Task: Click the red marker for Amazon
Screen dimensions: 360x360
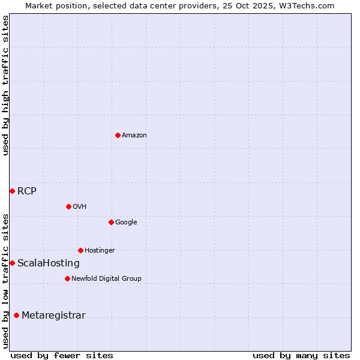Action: [118, 135]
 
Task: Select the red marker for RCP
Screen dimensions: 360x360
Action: [12, 191]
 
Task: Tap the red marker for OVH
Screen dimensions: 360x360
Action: [68, 206]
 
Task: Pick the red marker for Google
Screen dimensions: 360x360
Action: [111, 222]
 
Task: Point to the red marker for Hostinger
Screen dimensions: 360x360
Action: [80, 250]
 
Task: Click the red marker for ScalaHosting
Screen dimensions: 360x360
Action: [12, 263]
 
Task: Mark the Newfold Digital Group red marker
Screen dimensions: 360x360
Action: [67, 278]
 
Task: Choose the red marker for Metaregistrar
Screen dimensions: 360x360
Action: [16, 315]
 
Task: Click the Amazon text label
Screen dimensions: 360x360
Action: [134, 136]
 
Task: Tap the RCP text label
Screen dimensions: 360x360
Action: [27, 191]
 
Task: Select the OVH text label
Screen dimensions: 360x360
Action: [80, 207]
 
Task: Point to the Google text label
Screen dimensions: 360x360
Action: [126, 223]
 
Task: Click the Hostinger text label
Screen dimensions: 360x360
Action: [100, 251]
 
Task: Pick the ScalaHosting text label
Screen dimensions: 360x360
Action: [49, 263]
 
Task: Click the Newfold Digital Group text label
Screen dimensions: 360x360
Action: [106, 279]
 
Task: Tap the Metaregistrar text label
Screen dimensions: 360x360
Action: [53, 316]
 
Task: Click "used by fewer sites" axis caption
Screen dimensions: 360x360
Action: [62, 355]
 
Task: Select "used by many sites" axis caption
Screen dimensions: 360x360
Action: [301, 355]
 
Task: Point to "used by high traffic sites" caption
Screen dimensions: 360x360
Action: [5, 85]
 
